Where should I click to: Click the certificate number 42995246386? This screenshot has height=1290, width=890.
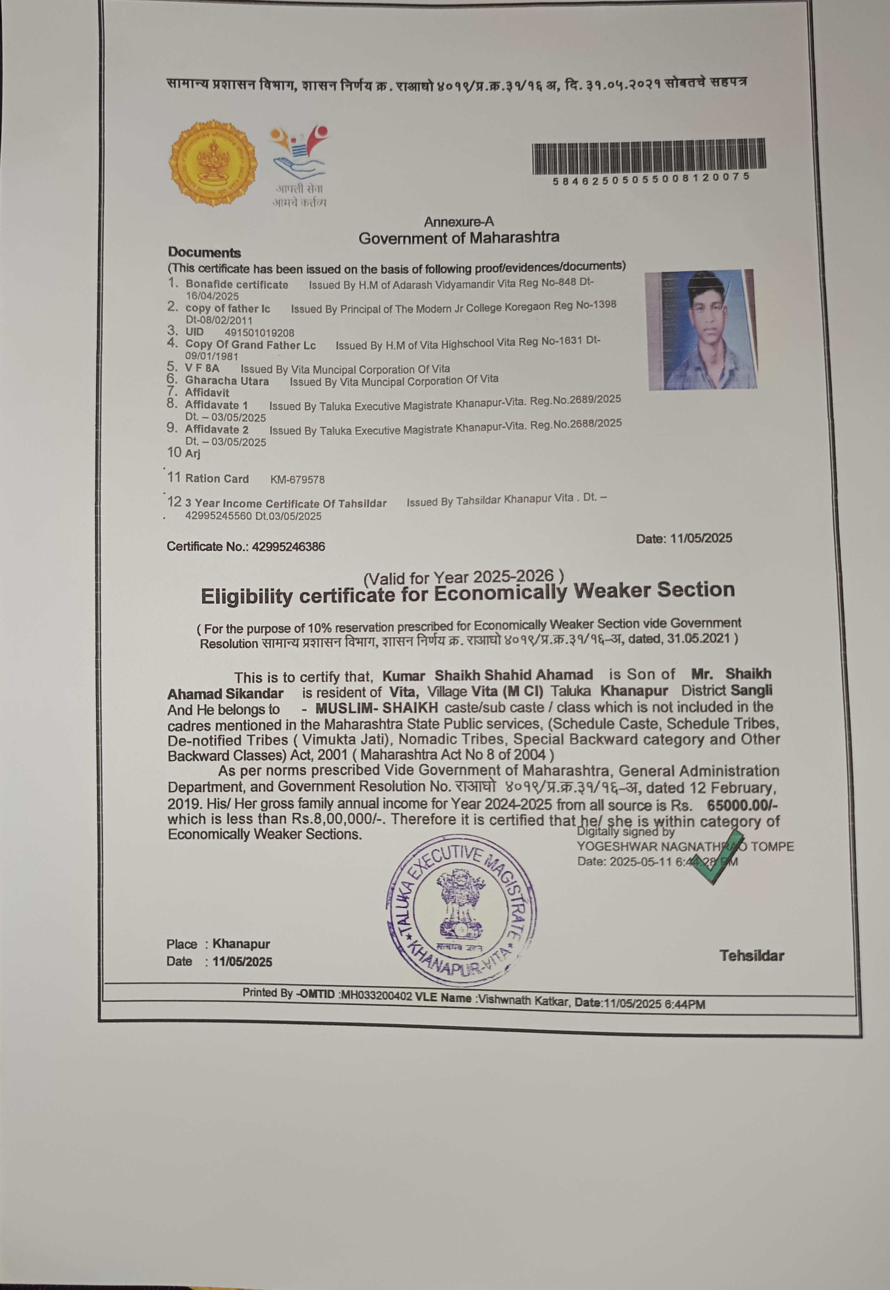pos(288,547)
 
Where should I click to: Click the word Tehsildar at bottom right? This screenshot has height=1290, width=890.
pos(751,956)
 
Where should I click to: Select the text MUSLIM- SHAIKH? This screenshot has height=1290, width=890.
pos(376,708)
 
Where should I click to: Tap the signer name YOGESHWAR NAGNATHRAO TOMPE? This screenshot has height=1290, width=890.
pos(685,846)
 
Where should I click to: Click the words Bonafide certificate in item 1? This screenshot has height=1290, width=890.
pos(237,285)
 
